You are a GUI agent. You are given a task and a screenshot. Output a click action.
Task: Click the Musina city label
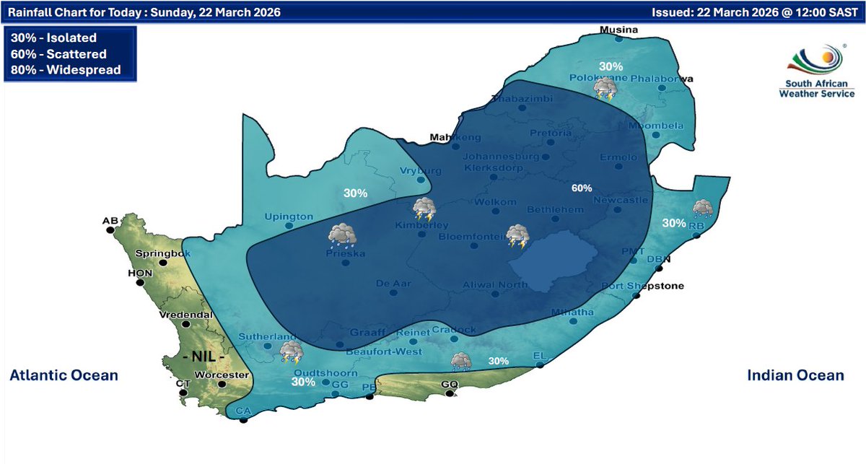621,30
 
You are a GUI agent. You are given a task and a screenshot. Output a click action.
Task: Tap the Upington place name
289,216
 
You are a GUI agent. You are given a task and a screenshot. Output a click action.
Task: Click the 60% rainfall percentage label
582,188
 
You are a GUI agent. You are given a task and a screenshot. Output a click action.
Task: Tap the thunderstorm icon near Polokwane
605,89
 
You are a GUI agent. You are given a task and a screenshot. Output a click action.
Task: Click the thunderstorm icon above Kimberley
424,209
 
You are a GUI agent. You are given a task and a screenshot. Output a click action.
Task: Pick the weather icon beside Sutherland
292,352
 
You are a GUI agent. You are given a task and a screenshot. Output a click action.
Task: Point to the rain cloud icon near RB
703,209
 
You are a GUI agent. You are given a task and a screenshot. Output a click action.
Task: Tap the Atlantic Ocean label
64,375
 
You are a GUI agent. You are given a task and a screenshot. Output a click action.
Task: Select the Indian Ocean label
795,375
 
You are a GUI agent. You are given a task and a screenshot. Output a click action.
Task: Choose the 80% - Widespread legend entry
66,70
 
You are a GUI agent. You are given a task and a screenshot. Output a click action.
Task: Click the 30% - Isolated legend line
54,38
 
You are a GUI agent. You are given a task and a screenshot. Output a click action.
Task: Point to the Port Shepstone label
632,286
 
